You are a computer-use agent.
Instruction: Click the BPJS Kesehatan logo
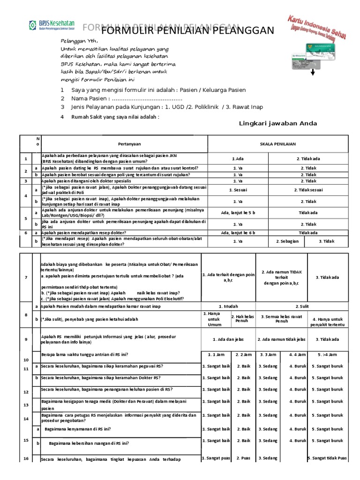[x=52, y=27]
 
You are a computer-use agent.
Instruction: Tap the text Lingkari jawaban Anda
[x=278, y=123]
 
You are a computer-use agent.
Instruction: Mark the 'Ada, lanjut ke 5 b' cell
[x=238, y=212]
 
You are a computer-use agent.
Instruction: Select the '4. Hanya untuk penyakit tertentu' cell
[x=328, y=321]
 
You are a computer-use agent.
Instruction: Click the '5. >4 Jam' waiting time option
[x=328, y=354]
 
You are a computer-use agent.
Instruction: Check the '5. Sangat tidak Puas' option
[x=328, y=458]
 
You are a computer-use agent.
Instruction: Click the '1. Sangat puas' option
[x=216, y=458]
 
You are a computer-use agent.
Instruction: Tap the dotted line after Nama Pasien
[x=147, y=99]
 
